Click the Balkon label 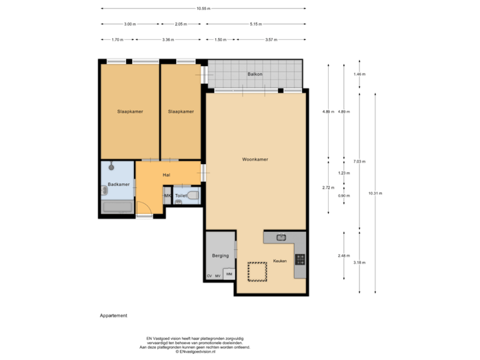254,74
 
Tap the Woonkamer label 255,159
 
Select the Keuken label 279,261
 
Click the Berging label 220,255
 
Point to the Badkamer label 118,184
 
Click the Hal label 167,175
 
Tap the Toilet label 181,196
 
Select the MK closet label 167,196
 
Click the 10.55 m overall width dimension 203,9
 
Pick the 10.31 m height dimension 375,193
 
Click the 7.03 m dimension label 360,161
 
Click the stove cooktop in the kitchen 300,259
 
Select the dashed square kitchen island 257,272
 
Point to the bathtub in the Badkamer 118,206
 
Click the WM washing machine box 229,274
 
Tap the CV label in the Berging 209,276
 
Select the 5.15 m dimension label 254,24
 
